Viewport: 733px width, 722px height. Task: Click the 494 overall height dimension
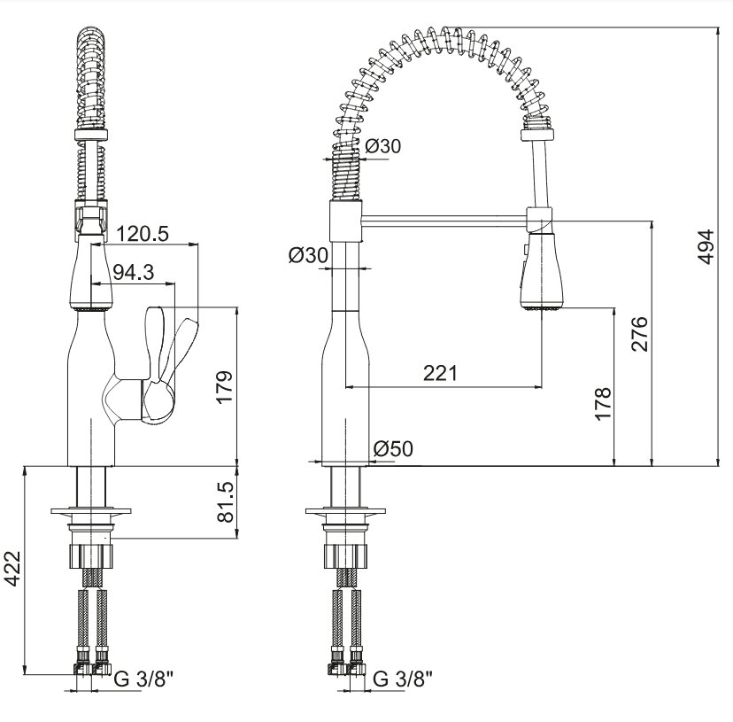click(x=706, y=246)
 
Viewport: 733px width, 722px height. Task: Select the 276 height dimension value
click(x=639, y=334)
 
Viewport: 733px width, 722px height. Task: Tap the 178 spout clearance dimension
click(x=603, y=404)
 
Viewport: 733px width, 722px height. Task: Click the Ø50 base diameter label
click(x=393, y=449)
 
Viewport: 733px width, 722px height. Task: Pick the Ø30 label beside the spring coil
click(x=382, y=146)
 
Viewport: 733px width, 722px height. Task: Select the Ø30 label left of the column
click(x=307, y=255)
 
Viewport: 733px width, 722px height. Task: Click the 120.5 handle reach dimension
click(x=143, y=234)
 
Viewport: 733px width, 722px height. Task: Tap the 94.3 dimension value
click(x=134, y=272)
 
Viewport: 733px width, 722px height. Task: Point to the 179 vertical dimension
click(x=225, y=386)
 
